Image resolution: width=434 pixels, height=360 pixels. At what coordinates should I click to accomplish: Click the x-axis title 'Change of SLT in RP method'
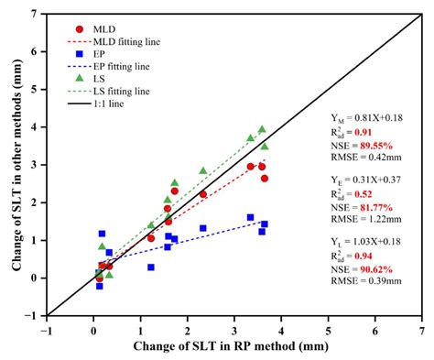pos(233,346)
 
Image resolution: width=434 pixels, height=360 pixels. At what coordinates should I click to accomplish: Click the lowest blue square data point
pos(99,286)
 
